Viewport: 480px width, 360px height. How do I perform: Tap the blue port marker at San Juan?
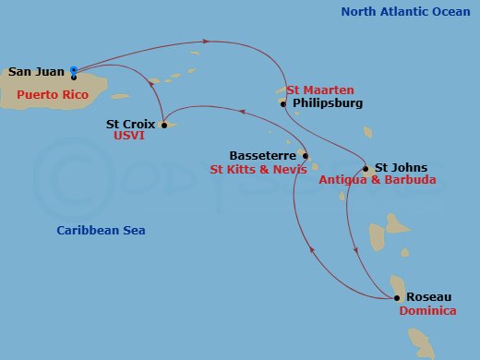point(73,70)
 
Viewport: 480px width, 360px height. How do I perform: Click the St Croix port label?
point(129,123)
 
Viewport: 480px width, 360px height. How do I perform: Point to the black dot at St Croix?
point(163,125)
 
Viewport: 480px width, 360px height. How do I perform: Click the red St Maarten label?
point(319,90)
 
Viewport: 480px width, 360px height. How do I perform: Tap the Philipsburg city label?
point(328,104)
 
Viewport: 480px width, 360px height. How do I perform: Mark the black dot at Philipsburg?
point(283,104)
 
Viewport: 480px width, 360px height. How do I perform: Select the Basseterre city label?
point(264,155)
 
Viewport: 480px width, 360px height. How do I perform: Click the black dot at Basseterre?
point(305,155)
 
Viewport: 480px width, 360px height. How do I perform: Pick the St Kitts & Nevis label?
point(257,170)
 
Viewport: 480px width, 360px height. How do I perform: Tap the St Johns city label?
point(401,168)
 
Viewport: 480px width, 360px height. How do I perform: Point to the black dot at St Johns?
point(366,169)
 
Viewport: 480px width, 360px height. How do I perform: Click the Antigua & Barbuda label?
point(377,182)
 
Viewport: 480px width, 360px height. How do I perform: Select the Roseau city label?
point(429,296)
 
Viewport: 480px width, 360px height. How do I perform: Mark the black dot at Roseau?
point(397,297)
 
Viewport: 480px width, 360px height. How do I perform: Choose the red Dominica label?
point(427,311)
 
